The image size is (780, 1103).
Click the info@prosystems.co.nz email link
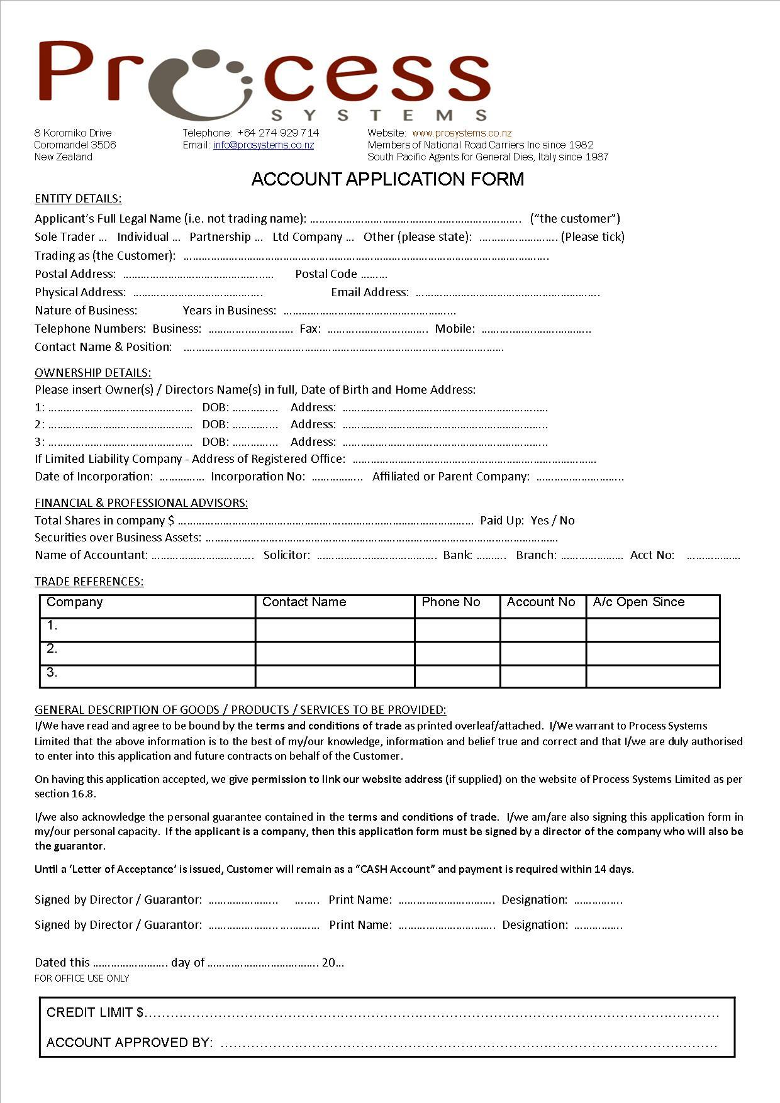(263, 145)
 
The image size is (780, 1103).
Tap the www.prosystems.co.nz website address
(462, 133)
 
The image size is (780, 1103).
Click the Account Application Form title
(387, 179)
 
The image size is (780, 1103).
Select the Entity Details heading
(78, 199)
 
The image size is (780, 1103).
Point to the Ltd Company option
(308, 237)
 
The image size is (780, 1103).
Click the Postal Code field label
(326, 274)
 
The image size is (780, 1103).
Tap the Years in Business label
(229, 311)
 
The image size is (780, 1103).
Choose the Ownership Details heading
(92, 373)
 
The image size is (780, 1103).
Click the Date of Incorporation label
(94, 477)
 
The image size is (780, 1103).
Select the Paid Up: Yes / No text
(527, 521)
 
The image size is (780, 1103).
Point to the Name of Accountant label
(91, 555)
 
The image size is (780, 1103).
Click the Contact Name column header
(304, 602)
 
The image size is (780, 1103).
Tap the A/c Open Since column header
(638, 602)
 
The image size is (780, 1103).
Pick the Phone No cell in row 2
(457, 653)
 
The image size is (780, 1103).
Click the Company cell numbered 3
(148, 676)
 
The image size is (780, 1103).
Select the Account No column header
(541, 602)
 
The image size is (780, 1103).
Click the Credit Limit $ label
(95, 1012)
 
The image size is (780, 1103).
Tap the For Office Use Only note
(82, 978)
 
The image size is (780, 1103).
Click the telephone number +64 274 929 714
(278, 133)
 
